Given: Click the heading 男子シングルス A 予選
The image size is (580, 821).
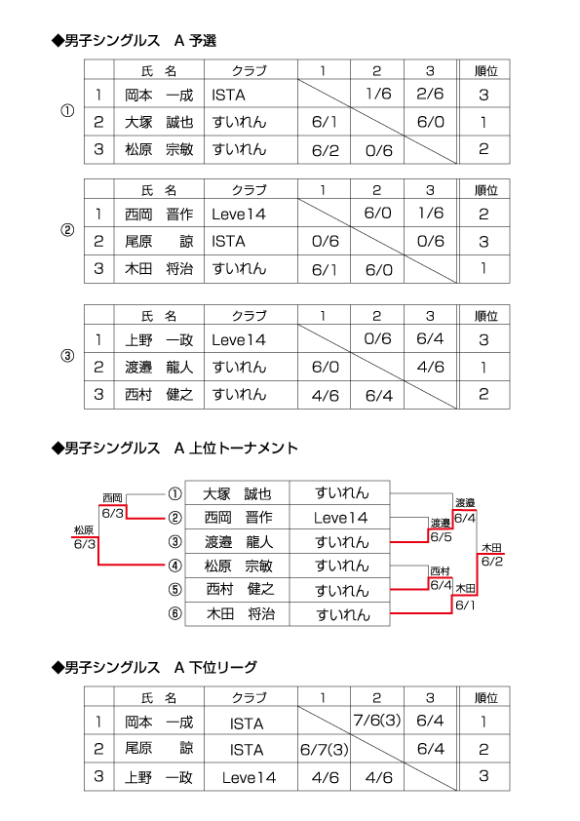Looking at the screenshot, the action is (134, 40).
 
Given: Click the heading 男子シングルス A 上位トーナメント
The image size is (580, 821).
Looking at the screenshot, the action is (174, 449).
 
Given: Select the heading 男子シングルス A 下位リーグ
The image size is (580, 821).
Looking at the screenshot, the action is (154, 667).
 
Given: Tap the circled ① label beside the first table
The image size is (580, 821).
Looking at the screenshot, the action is (67, 111).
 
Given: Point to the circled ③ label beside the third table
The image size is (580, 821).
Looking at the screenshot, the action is (67, 356).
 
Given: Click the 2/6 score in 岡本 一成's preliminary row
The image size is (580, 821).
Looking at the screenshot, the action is (430, 94).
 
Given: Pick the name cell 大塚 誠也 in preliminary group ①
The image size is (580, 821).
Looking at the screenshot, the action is (159, 122).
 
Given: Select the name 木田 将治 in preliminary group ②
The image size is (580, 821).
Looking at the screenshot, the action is (159, 268).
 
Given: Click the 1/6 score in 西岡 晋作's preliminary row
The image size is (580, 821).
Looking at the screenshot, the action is (431, 214).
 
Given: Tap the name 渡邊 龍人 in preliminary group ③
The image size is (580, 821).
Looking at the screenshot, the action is (159, 367).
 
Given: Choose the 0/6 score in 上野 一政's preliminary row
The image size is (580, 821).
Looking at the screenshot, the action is (378, 338).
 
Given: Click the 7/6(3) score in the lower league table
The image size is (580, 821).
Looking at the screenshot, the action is (377, 721).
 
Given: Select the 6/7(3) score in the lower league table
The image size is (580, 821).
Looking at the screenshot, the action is (325, 750).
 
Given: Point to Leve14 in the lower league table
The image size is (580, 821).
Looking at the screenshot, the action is (249, 777).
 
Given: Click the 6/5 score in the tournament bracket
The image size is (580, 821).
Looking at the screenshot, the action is (441, 536).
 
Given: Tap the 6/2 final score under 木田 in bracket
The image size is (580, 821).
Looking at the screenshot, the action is (492, 562).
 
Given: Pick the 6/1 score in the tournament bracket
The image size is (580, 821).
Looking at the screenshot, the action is (465, 606).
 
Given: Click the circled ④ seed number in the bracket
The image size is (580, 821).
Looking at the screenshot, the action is (174, 566).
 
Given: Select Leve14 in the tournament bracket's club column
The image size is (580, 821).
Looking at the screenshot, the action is (341, 518).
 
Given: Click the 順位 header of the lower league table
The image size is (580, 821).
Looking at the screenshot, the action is (485, 697).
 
